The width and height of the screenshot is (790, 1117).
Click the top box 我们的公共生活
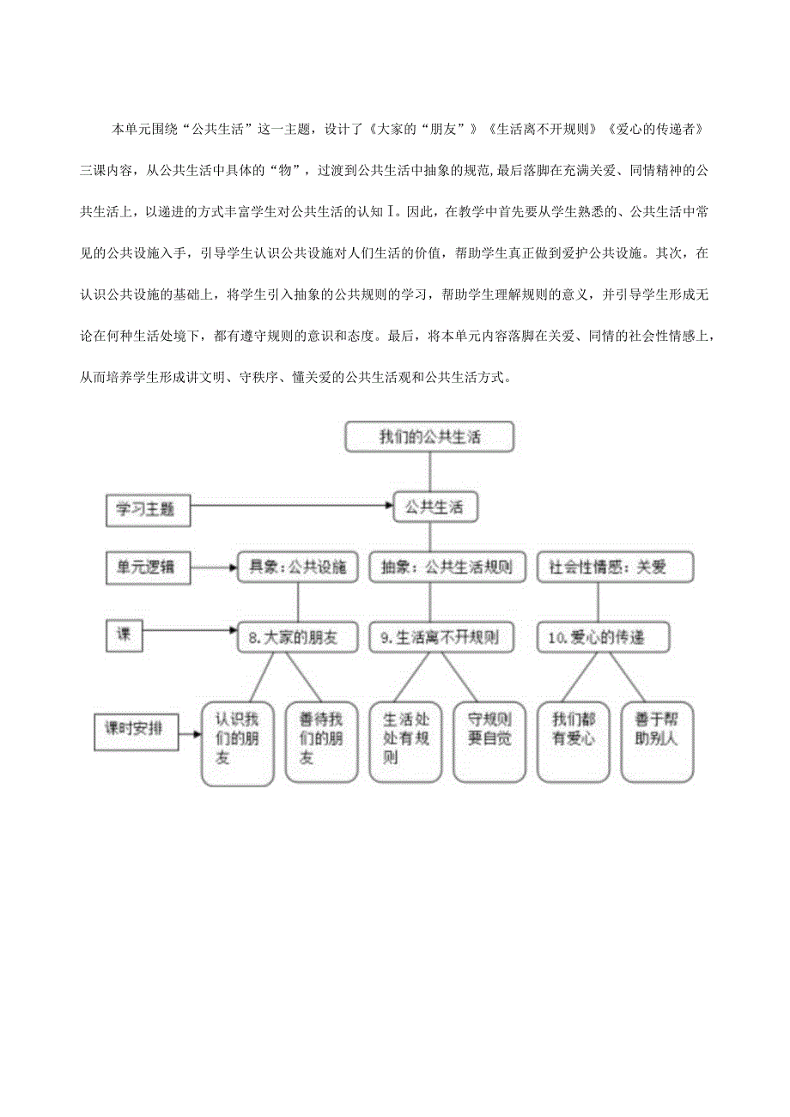pyautogui.click(x=429, y=436)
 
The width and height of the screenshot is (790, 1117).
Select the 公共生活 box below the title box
pyautogui.click(x=434, y=507)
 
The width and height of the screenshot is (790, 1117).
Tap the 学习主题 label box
pyautogui.click(x=148, y=509)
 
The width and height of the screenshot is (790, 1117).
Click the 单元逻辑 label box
pyautogui.click(x=148, y=567)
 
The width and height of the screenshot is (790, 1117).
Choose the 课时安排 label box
pyautogui.click(x=137, y=728)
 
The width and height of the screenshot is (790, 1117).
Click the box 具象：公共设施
pyautogui.click(x=297, y=567)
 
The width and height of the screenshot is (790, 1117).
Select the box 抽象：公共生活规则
pyautogui.click(x=447, y=568)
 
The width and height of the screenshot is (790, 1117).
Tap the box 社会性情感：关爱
pyautogui.click(x=615, y=568)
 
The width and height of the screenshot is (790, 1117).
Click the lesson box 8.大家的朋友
pyautogui.click(x=297, y=637)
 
